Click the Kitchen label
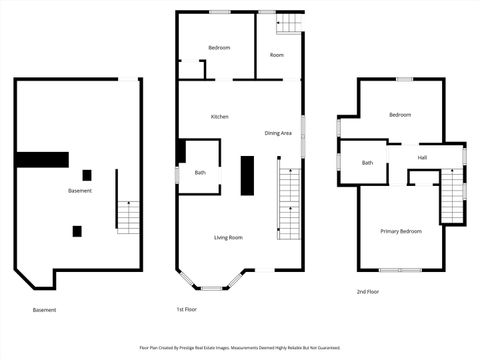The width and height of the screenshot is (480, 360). [x=219, y=117]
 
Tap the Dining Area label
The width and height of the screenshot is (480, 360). [x=278, y=133]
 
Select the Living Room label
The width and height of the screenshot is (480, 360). [x=228, y=237]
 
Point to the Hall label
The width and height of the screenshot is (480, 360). [x=422, y=158]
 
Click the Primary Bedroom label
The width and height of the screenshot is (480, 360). [x=400, y=231]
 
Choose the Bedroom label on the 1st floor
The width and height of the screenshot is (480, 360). [x=219, y=48]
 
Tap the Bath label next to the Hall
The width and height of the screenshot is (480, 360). [x=367, y=163]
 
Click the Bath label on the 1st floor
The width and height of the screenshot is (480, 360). [x=200, y=172]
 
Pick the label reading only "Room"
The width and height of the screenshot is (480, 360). [x=276, y=55]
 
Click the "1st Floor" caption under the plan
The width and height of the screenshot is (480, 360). [x=186, y=309]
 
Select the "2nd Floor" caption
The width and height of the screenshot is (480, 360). [x=368, y=292]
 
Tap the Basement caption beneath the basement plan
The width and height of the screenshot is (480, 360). [x=45, y=310]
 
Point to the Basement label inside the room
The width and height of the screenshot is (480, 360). [x=80, y=191]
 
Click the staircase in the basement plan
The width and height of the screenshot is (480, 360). [x=128, y=215]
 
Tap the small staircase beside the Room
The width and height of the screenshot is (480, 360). [x=289, y=23]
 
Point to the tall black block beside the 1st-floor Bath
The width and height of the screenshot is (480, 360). [x=247, y=175]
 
